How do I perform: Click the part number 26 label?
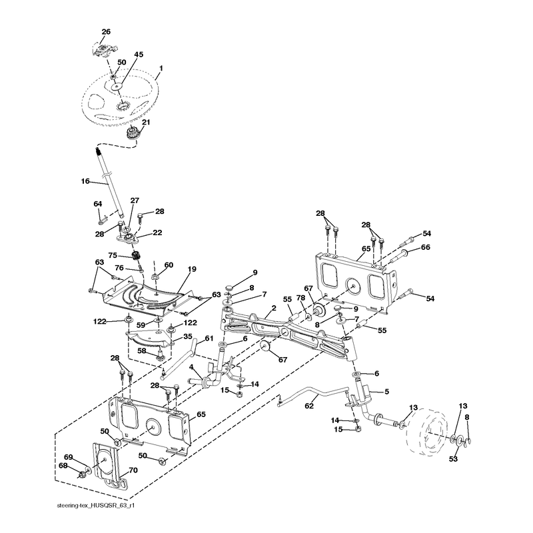click(x=106, y=31)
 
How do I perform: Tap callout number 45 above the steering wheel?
click(x=139, y=55)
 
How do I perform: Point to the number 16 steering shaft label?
click(x=85, y=181)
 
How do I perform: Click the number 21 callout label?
click(x=146, y=122)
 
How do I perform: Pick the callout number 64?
click(x=98, y=204)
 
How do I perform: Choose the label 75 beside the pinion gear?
click(x=113, y=255)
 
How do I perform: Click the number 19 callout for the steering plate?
click(x=192, y=269)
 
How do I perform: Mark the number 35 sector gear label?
click(x=188, y=336)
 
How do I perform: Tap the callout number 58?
click(x=142, y=350)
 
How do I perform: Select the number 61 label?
click(x=209, y=338)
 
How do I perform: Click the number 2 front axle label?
click(x=274, y=308)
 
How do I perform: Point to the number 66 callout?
click(x=426, y=247)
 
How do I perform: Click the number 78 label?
click(x=300, y=298)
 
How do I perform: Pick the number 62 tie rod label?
click(x=309, y=406)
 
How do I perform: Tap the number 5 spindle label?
click(x=386, y=392)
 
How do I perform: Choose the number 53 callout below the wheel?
click(x=453, y=459)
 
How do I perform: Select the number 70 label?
click(x=133, y=470)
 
